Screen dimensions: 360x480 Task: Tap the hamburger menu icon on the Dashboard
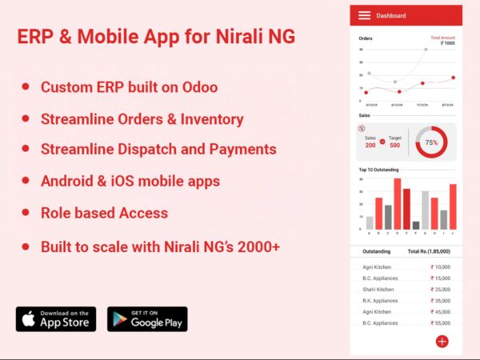click(x=365, y=15)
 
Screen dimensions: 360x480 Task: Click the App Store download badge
click(x=56, y=318)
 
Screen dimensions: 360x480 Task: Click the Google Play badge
click(x=147, y=318)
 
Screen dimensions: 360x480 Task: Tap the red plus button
click(x=442, y=341)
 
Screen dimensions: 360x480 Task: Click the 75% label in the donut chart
click(x=431, y=142)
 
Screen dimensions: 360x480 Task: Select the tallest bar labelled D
click(x=397, y=203)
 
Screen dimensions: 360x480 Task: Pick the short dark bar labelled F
click(x=416, y=225)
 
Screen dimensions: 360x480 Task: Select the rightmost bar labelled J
click(x=453, y=206)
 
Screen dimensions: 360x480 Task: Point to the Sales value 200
click(x=370, y=145)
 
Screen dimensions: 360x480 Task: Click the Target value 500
click(x=394, y=145)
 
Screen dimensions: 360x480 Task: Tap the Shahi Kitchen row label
click(x=378, y=290)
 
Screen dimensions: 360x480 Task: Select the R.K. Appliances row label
click(x=380, y=301)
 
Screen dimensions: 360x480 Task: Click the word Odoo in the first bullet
click(x=198, y=86)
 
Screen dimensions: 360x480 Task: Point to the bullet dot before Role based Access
click(x=26, y=213)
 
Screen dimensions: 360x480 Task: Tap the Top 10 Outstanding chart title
click(x=379, y=170)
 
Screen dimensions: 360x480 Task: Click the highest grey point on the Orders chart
click(x=426, y=50)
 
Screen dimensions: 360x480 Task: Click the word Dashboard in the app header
click(x=391, y=15)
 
